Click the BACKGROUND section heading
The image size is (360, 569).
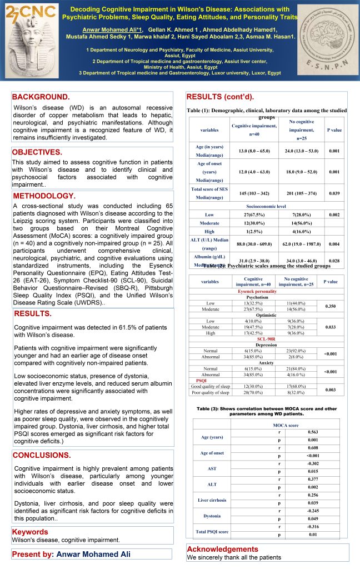(x=41, y=97)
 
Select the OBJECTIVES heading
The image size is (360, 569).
(x=37, y=152)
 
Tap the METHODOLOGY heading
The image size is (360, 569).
(x=44, y=196)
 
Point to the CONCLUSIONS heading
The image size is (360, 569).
(x=42, y=455)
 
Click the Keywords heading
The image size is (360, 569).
(x=30, y=532)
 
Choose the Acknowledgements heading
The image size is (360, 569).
(x=223, y=549)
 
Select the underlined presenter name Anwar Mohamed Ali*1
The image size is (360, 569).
(x=112, y=29)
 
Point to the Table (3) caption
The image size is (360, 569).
(x=267, y=411)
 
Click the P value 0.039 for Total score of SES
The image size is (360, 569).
(x=334, y=192)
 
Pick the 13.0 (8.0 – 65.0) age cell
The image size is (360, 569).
(x=254, y=151)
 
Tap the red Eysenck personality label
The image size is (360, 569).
(x=257, y=291)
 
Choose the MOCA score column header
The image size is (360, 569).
(x=285, y=425)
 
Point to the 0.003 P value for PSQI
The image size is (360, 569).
(x=331, y=390)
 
